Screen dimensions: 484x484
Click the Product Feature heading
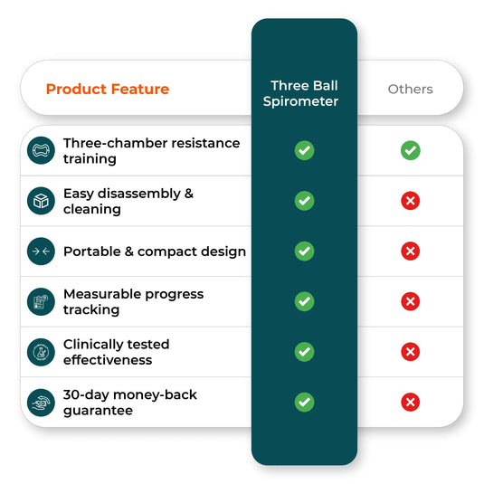[107, 89]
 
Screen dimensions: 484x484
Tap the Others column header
[410, 89]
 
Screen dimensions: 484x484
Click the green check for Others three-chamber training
[410, 150]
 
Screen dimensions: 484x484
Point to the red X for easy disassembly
[410, 201]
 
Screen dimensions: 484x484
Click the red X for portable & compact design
[410, 251]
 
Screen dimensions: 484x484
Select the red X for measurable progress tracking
[410, 301]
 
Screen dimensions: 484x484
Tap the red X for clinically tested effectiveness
[410, 352]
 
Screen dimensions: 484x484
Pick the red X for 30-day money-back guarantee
[410, 402]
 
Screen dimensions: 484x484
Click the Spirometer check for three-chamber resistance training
[304, 150]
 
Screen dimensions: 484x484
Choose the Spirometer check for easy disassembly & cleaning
[304, 201]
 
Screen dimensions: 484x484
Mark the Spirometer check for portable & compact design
[304, 251]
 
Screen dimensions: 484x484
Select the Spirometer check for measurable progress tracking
[304, 301]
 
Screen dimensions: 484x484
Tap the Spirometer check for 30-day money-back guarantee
[304, 402]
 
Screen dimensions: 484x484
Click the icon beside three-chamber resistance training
[41, 150]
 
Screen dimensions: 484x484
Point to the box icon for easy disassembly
[41, 201]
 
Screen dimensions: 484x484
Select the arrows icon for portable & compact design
[41, 251]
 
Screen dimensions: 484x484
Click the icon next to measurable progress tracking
[41, 301]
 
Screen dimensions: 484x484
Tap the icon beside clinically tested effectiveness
[41, 352]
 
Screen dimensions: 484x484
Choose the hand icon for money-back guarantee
[41, 402]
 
